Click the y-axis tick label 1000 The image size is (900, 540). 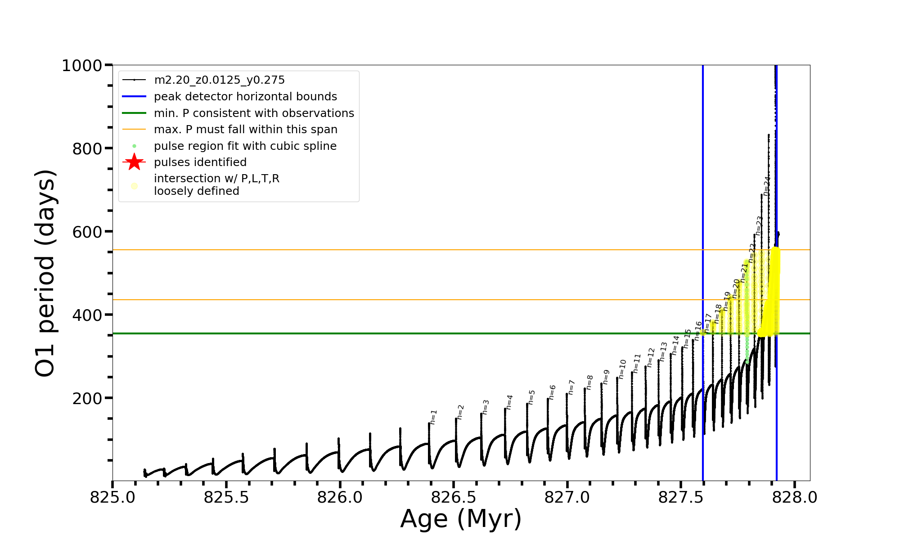tap(82, 66)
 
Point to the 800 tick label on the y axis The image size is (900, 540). tap(87, 149)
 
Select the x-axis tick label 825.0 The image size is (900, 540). tap(112, 498)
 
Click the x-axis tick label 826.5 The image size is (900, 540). tap(454, 498)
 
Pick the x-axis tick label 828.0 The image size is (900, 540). tap(795, 498)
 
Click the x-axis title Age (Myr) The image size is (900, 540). tap(461, 519)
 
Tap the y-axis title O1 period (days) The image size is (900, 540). tap(45, 273)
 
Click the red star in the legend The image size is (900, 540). tap(134, 162)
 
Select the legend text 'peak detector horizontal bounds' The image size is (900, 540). tap(245, 97)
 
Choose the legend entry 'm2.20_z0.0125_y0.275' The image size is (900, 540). tap(219, 80)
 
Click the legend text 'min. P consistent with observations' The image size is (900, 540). tap(254, 113)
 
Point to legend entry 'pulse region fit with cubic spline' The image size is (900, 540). tap(245, 146)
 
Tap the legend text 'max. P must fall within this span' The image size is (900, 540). tap(245, 130)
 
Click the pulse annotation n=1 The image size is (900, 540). tap(433, 417)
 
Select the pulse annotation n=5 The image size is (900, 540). tap(531, 397)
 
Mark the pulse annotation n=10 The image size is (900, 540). tap(622, 369)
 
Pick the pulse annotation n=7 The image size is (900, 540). tap(571, 387)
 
